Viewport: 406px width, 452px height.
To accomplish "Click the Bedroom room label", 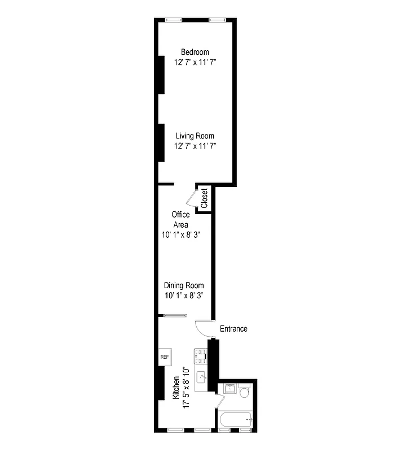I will tap(195, 52).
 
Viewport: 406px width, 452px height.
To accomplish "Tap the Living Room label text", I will tap(195, 136).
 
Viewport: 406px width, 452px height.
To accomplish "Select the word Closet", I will tap(204, 198).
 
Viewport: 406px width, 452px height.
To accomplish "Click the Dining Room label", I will tap(184, 285).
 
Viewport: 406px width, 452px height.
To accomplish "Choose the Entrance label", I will tap(233, 329).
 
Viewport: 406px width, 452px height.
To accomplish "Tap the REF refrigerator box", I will tap(165, 357).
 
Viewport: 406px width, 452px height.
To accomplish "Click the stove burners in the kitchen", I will tap(201, 355).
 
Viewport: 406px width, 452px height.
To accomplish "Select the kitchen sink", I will tap(201, 376).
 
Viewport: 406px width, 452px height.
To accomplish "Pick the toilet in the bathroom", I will tap(244, 391).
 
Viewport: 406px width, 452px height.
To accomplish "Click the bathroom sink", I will tap(229, 389).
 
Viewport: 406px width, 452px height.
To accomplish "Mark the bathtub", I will tap(236, 421).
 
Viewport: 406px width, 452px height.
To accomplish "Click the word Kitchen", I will tap(176, 389).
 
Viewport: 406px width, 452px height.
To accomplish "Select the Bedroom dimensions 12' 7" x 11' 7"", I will tap(195, 62).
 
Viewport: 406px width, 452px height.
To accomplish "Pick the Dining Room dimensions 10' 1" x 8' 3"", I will tap(184, 295).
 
